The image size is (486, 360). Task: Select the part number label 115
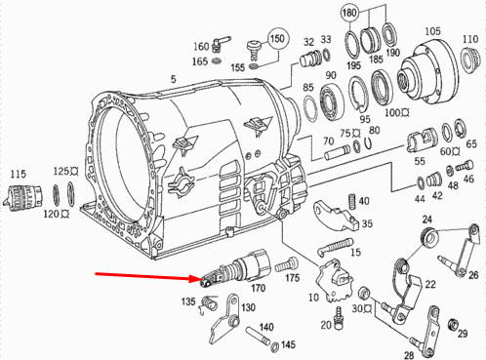pos(17,174)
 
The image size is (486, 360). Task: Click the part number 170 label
pos(259,288)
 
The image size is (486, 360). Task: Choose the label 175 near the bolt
pos(291,278)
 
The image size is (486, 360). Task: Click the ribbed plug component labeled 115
pos(20,194)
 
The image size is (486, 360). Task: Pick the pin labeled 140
pos(262,340)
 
